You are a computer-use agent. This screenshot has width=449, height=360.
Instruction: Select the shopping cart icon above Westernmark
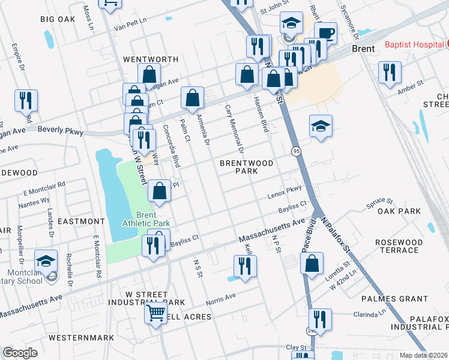pos(155,312)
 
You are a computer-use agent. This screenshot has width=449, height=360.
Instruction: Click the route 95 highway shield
pos(297,151)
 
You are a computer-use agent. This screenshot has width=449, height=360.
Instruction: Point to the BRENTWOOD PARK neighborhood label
pos(247,167)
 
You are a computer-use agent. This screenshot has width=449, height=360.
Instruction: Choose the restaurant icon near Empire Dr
pos(26,100)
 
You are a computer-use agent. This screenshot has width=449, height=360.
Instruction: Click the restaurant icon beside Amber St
pos(390,72)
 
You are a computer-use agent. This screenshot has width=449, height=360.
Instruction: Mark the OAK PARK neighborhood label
pos(399,211)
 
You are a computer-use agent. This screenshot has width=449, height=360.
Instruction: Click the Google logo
pos(20,352)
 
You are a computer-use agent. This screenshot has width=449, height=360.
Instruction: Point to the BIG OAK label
pos(58,19)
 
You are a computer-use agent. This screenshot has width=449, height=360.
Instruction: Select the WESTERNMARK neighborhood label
pos(81,338)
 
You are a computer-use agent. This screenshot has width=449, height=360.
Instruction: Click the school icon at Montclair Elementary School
pos(46,260)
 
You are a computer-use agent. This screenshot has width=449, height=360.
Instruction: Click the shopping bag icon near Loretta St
pos(312,263)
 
